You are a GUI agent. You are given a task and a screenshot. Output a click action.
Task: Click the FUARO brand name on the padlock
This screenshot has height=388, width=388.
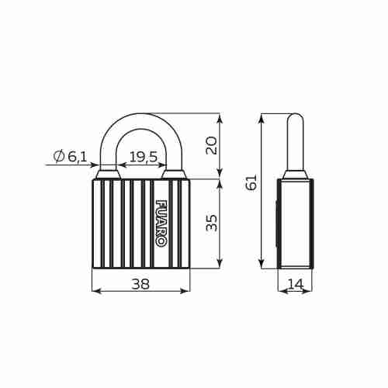161,223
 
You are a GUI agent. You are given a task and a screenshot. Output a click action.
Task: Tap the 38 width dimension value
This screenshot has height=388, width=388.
140,284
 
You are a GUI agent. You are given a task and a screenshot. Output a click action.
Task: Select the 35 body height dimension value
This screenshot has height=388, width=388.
212,223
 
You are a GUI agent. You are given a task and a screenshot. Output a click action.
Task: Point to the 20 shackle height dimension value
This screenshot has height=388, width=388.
212,145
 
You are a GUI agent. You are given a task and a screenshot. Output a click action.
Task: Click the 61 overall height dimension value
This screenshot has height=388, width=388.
251,182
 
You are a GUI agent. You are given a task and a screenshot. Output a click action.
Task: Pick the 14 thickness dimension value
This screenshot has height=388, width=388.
295,284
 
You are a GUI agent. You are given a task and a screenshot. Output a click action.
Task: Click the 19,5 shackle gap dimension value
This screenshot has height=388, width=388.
143,157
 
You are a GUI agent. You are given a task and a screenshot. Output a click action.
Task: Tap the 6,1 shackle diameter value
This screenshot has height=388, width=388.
78,157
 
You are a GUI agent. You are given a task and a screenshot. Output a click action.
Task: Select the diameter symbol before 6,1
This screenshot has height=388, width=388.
59,157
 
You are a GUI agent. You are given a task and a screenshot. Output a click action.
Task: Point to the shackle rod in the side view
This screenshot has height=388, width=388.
295,144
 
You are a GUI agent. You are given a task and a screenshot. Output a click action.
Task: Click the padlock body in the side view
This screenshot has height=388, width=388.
295,223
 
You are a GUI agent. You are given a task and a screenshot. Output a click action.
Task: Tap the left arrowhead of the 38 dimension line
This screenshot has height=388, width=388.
95,291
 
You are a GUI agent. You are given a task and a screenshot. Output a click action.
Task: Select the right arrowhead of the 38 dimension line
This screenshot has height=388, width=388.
186,291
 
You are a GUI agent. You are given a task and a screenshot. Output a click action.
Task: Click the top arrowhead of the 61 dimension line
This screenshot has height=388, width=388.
262,117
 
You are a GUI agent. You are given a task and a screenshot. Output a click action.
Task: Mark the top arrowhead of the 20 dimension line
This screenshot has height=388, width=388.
220,117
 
